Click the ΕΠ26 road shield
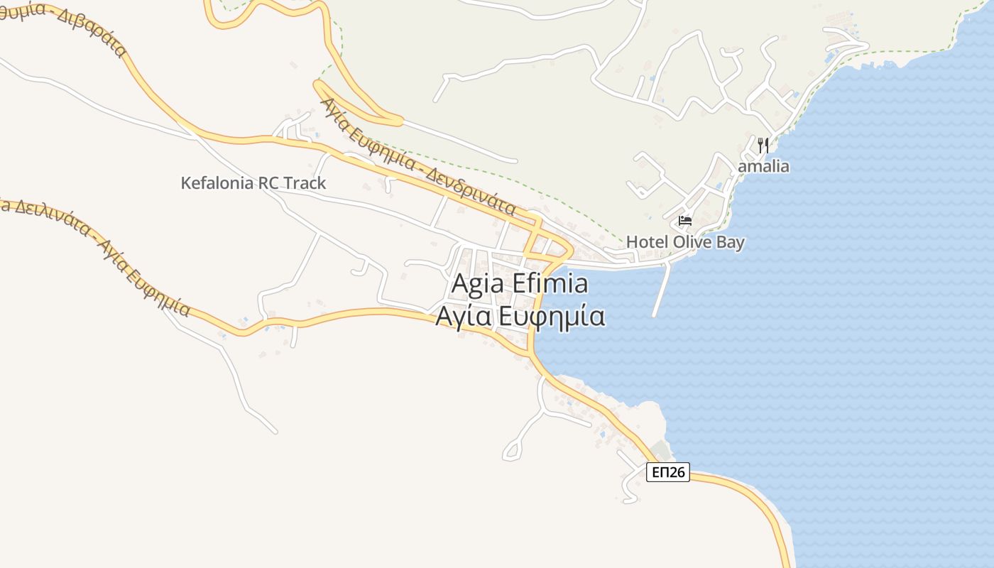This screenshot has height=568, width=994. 668,472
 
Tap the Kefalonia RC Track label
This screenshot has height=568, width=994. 253,183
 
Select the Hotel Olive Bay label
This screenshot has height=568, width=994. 685,242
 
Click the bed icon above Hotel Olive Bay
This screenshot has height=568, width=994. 685,221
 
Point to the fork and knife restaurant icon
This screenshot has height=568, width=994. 763,146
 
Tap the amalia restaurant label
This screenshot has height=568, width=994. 763,167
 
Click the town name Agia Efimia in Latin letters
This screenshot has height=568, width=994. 520,284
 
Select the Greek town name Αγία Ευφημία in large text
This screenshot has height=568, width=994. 520,317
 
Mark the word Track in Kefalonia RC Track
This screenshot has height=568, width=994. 305,183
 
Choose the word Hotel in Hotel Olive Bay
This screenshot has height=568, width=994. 647,242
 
